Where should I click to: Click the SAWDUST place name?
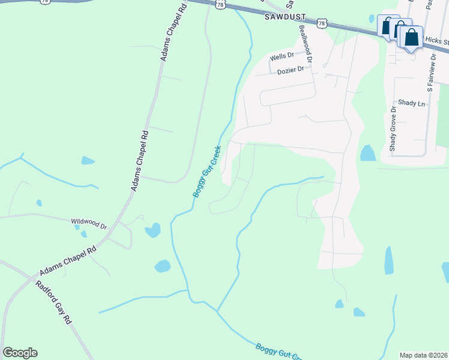285,18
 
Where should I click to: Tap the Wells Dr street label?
282,56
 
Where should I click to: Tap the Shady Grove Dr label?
393,128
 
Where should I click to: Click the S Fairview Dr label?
431,71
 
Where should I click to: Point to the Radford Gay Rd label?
53,302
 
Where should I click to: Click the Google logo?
20,353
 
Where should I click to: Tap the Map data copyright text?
423,355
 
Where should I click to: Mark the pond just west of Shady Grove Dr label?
368,154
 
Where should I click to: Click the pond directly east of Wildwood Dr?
153,230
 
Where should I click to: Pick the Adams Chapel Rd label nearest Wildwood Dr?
68,259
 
